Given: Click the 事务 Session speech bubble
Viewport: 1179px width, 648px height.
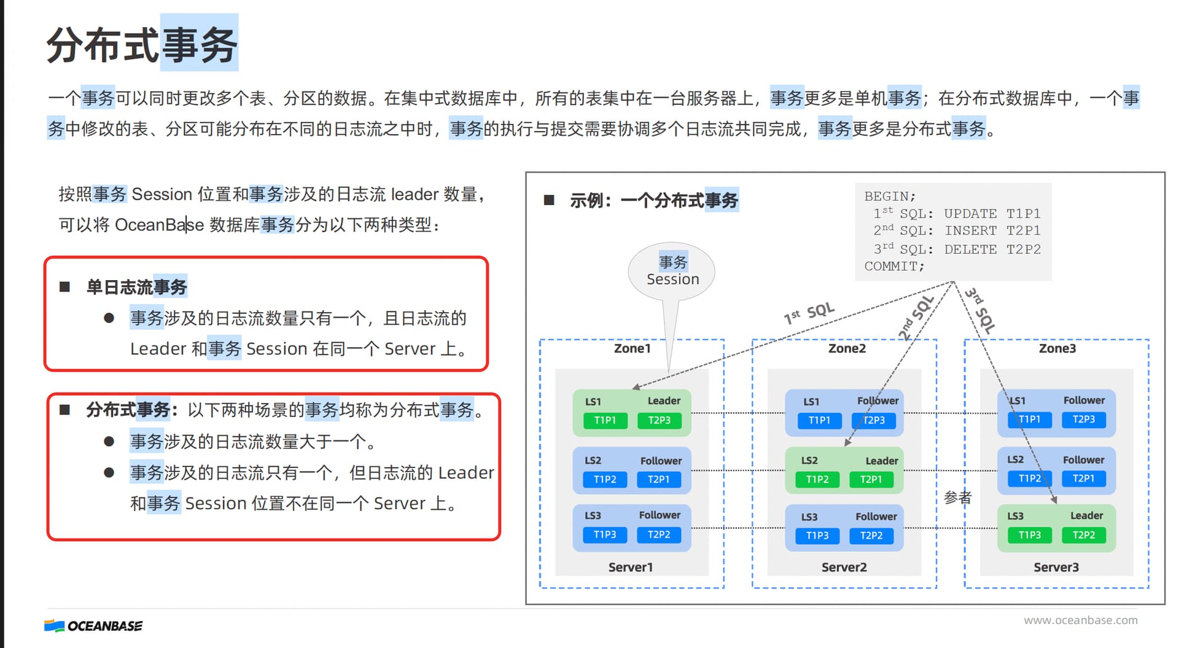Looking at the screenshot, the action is coord(672,271).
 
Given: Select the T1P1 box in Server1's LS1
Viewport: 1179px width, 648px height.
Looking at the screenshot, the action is coord(605,420).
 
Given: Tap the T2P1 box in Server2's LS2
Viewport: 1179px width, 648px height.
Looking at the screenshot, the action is coord(871,479).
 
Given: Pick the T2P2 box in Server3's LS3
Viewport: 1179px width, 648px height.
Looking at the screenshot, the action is coord(1084,535).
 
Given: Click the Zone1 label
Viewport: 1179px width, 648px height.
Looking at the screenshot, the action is coord(632,348).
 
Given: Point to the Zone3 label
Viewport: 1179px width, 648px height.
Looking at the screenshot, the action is coord(1057,348).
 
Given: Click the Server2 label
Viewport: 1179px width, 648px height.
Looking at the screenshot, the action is coord(844,567).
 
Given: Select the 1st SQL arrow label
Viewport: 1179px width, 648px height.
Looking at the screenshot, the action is coord(809,313).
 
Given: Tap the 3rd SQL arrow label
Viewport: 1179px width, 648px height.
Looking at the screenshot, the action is coord(980,310).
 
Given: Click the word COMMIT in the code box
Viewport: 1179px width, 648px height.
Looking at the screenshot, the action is coord(891,266).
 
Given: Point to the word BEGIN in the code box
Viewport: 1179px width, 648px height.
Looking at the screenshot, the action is coord(887,196).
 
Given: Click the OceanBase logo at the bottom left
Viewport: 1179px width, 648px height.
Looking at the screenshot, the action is coord(93,626).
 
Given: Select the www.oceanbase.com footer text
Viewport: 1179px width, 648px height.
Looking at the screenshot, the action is coord(1081,620).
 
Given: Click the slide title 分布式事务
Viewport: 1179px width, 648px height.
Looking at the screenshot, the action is coord(142,44).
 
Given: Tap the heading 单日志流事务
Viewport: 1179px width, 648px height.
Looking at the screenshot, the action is coord(136,287).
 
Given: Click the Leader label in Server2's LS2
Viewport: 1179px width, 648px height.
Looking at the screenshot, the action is coord(882,461).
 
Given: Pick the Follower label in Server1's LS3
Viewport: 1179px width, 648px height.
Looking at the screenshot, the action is coord(660,515).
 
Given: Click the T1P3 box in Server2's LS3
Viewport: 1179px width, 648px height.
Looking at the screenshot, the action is coord(817,536).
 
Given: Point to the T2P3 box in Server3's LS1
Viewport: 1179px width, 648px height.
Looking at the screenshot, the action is coord(1084,419).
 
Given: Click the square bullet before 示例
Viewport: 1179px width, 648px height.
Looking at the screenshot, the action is coord(549,200).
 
